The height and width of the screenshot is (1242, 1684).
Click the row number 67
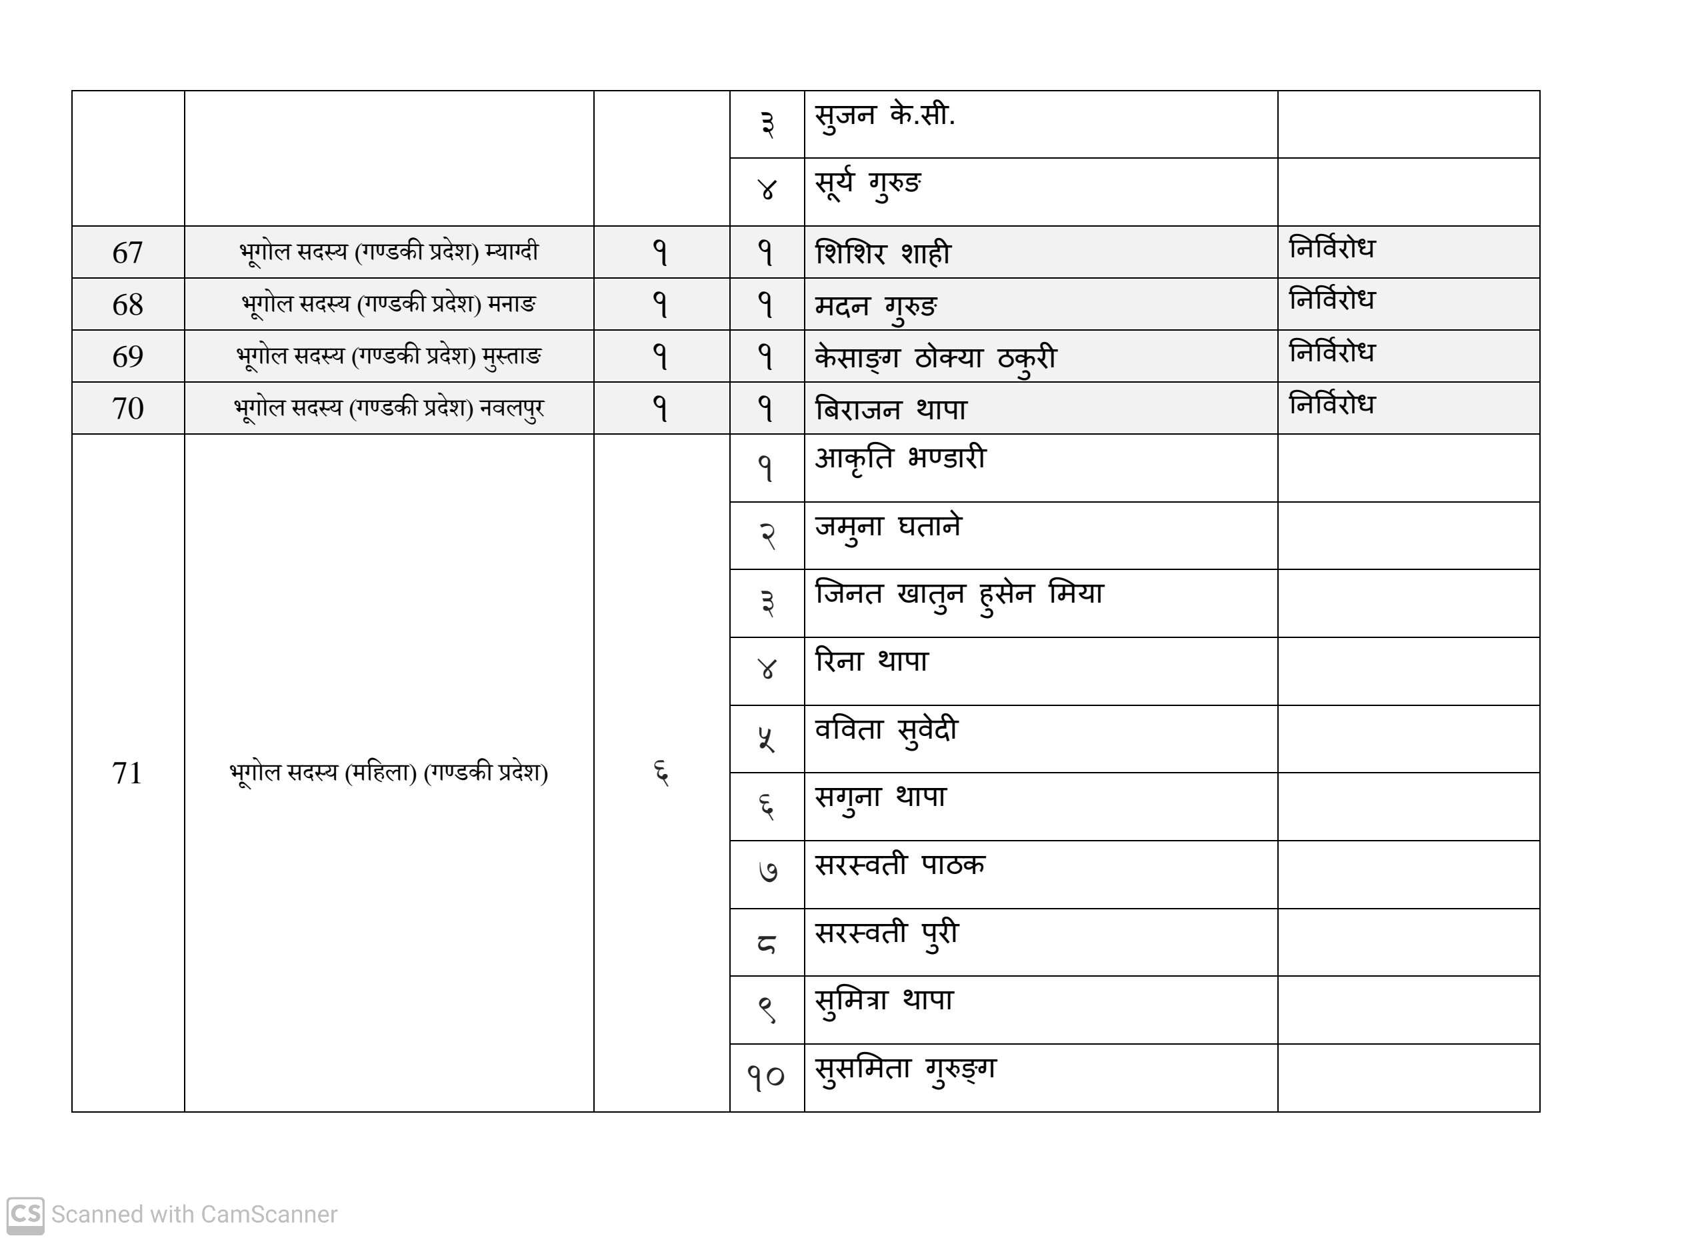128,253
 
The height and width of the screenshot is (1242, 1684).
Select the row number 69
128,357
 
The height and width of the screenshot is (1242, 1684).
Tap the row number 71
127,773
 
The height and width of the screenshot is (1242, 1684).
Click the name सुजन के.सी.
885,117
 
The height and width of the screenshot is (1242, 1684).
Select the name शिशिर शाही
883,253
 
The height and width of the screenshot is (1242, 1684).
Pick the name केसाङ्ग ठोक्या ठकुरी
936,358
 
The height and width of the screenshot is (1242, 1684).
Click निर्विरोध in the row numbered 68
1331,300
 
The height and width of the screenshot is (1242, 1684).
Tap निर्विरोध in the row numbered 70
1331,405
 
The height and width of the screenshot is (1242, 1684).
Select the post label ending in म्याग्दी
389,252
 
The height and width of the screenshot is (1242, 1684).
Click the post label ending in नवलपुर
389,408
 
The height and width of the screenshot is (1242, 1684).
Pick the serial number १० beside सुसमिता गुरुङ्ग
766,1078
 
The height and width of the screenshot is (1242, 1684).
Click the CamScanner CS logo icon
25,1214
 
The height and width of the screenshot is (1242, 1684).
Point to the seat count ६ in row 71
661,773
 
